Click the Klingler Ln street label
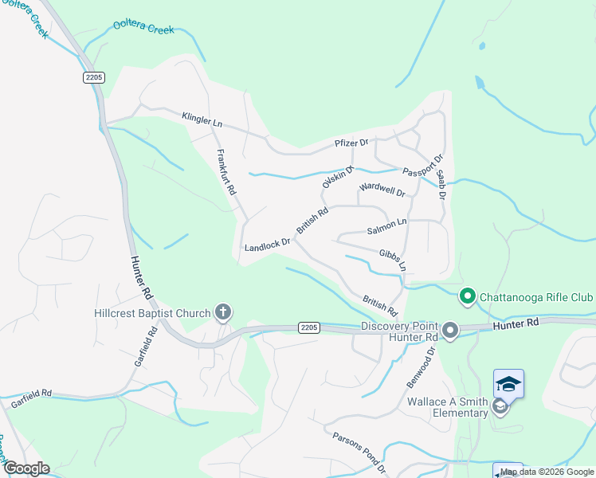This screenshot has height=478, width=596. [x=202, y=120]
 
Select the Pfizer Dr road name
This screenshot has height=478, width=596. [x=351, y=144]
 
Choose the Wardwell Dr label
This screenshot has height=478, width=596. [x=382, y=190]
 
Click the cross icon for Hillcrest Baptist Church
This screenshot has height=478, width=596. [x=223, y=312]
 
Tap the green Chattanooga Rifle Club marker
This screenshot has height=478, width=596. [x=468, y=297]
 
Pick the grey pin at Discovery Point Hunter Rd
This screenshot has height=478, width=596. [x=450, y=330]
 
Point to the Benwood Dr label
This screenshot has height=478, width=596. [x=422, y=367]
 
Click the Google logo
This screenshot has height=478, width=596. [x=26, y=468]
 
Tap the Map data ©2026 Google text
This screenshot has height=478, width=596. [x=547, y=472]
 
